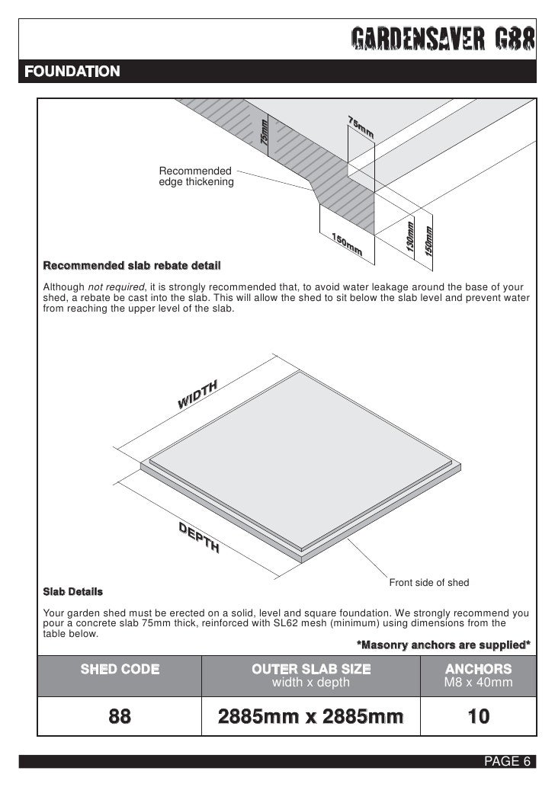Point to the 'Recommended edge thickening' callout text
[x=196, y=176]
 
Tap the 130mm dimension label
[x=409, y=238]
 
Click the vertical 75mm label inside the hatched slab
[x=265, y=134]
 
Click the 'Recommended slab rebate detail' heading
[x=131, y=267]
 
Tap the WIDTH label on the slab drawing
[x=198, y=393]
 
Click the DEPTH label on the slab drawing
[x=199, y=539]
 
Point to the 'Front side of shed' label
[x=429, y=583]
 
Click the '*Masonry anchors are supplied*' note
[x=444, y=645]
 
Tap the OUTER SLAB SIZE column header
[x=311, y=670]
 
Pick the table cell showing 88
[x=120, y=717]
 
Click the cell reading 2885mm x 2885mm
[x=310, y=717]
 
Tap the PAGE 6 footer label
[x=507, y=763]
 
